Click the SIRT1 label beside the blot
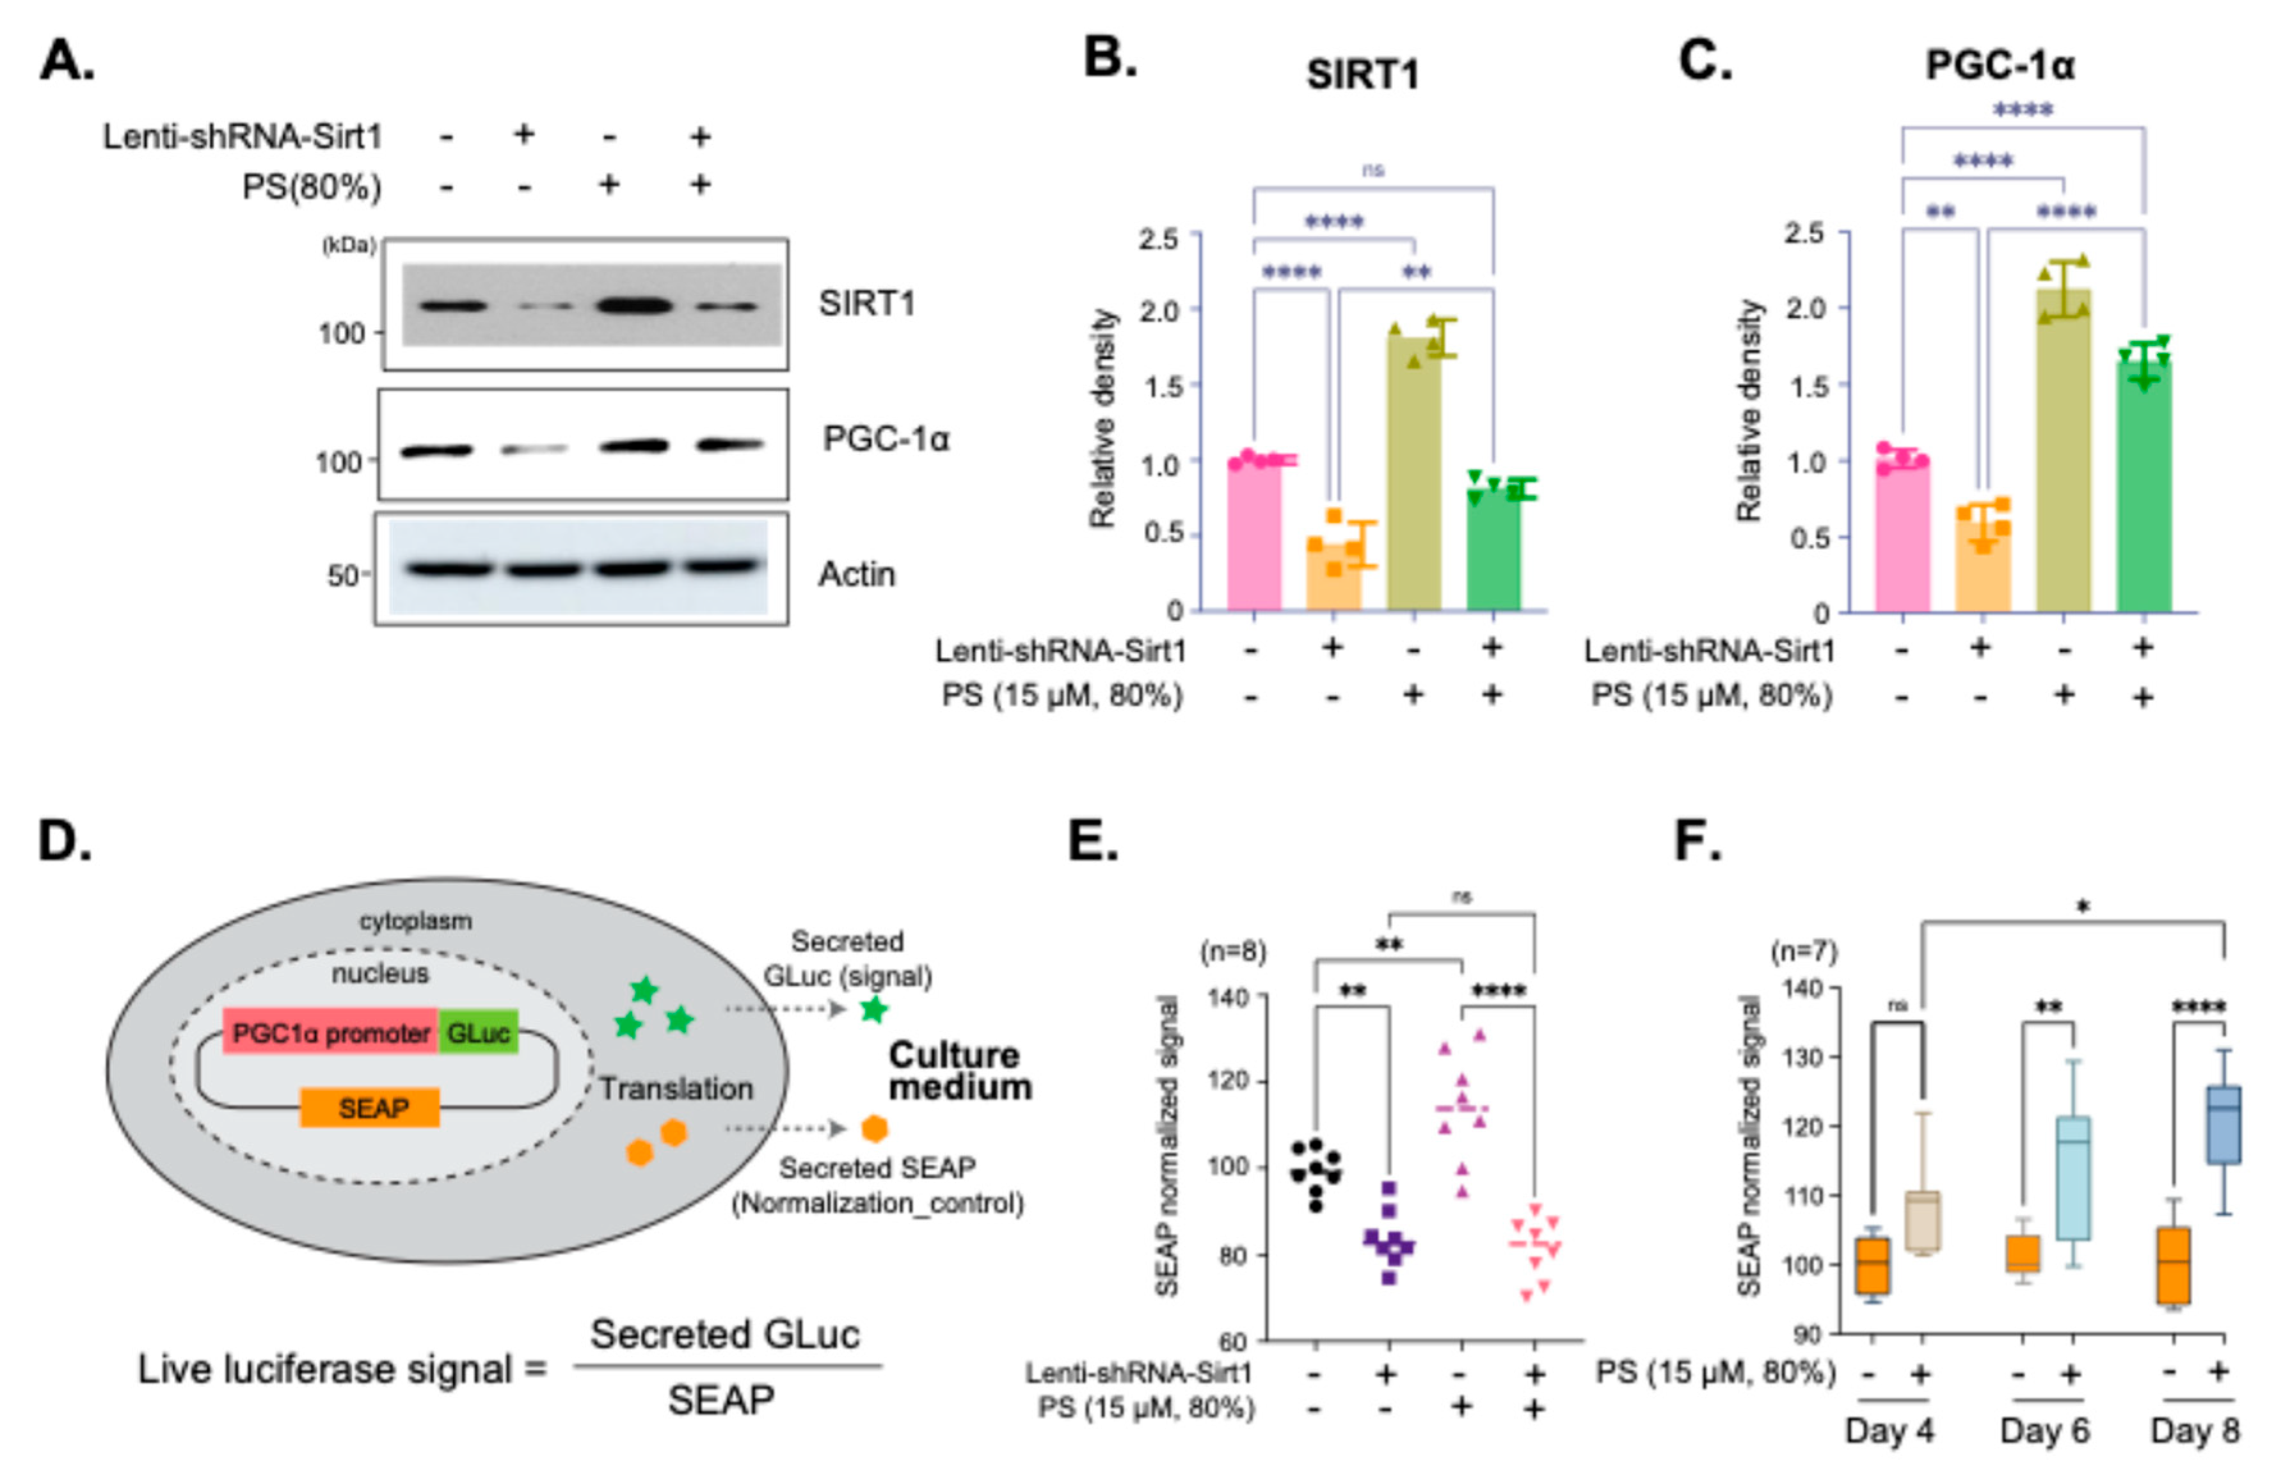coord(867,304)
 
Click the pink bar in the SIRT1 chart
coord(1253,537)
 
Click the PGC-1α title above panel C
coord(2000,65)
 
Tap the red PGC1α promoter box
coord(331,1033)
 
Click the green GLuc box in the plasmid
coord(479,1033)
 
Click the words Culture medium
coord(959,1071)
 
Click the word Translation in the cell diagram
coord(676,1088)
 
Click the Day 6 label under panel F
coord(2043,1431)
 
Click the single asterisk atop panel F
coord(2083,907)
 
